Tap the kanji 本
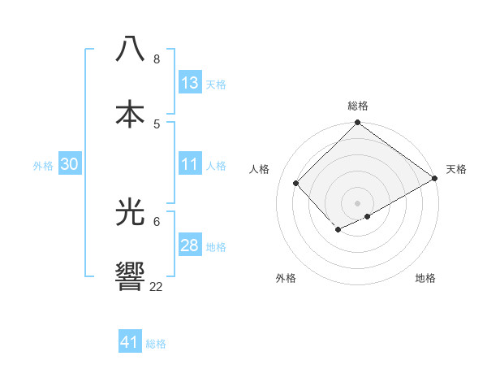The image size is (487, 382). pyautogui.click(x=130, y=112)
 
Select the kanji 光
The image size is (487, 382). pyautogui.click(x=130, y=213)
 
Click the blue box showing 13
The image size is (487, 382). pyautogui.click(x=190, y=83)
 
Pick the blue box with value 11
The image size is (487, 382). pyautogui.click(x=190, y=164)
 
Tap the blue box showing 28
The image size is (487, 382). pyautogui.click(x=190, y=245)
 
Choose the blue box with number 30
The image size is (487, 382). pyautogui.click(x=70, y=164)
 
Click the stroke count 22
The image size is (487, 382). pyautogui.click(x=156, y=286)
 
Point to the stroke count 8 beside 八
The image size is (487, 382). pyautogui.click(x=156, y=59)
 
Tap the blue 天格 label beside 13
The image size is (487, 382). pyautogui.click(x=215, y=85)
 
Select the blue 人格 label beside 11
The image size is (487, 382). pyautogui.click(x=215, y=166)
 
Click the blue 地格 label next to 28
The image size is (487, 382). pyautogui.click(x=215, y=247)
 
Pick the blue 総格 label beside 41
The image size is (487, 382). pyautogui.click(x=156, y=344)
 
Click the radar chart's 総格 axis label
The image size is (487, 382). pyautogui.click(x=358, y=106)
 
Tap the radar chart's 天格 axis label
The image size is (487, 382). pyautogui.click(x=456, y=169)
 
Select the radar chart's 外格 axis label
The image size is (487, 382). pyautogui.click(x=286, y=278)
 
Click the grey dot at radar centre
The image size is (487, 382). pyautogui.click(x=357, y=202)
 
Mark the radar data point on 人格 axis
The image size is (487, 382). pyautogui.click(x=296, y=183)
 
